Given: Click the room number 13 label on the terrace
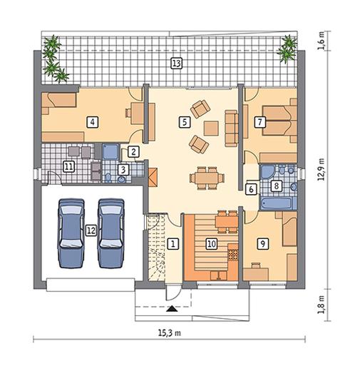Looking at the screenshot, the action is pos(177,63).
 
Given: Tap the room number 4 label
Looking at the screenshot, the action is pos(93,122).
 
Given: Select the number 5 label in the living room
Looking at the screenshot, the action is pos(185,122).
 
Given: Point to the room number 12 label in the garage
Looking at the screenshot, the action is pos(91,230).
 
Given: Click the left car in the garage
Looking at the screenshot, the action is pos(71,233).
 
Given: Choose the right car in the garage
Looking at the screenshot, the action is pos(111,233).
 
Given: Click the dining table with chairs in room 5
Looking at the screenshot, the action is pos(207,178).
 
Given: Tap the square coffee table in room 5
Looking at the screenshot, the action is pos(211,128).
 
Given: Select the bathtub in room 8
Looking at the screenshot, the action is pos(277,203).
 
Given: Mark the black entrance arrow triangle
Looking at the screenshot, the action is pos(172,309).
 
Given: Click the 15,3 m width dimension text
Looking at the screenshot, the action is pos(170,333).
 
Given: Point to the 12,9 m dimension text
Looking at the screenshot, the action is pos(322,169).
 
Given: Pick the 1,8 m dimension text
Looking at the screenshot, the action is pos(322,305).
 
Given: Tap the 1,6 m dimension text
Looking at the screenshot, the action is pos(322,41).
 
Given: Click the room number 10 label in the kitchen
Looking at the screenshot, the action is pos(212,244).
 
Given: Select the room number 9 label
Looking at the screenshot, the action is pos(263,243).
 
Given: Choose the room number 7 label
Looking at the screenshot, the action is pos(259,122).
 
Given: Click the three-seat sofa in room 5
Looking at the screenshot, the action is pos(232,128).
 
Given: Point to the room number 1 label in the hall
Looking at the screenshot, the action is pos(173,243).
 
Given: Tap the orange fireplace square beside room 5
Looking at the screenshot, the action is pos(153,178).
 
